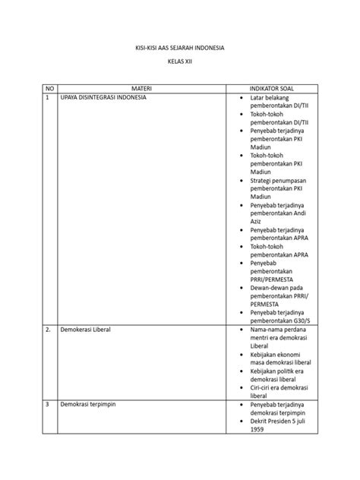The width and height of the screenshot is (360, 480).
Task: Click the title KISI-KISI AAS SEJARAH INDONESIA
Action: tap(179, 48)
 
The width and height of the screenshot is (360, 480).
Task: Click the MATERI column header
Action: tap(141, 88)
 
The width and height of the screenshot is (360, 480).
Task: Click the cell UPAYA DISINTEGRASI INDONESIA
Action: tap(103, 98)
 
